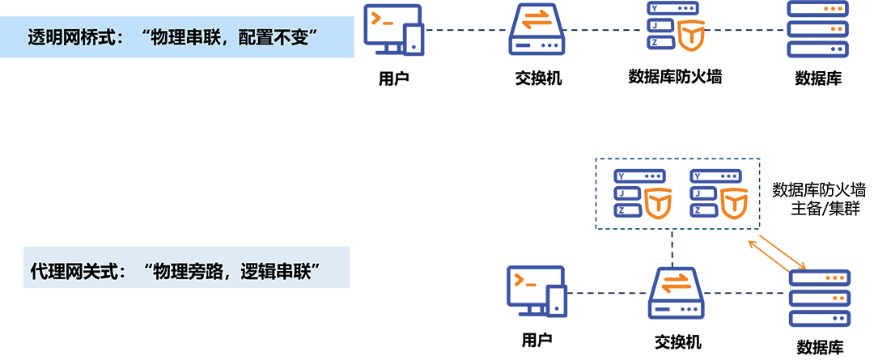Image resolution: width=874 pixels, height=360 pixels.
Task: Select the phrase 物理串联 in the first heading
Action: pos(181,38)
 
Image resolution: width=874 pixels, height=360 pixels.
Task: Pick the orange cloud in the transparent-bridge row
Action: pos(531,22)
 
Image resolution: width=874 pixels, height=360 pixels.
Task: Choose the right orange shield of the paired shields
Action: pos(733,197)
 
